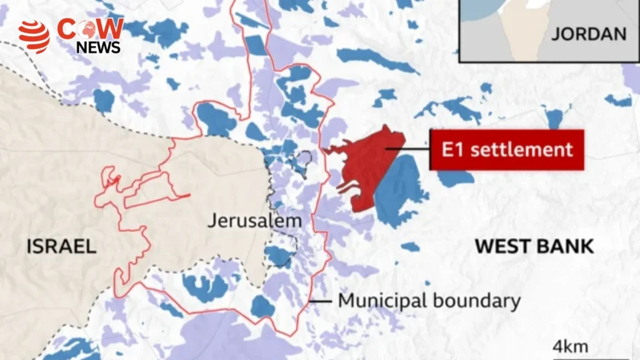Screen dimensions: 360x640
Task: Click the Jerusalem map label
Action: (255, 221)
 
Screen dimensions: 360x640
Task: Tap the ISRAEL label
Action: (62, 246)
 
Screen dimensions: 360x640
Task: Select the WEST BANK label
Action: (534, 246)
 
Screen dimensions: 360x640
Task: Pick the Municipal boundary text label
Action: (429, 301)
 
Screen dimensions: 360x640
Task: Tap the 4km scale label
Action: (571, 346)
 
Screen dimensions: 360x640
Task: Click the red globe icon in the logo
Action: (33, 36)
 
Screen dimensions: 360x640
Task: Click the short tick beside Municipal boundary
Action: (319, 301)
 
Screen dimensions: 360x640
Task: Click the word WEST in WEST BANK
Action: (502, 246)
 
